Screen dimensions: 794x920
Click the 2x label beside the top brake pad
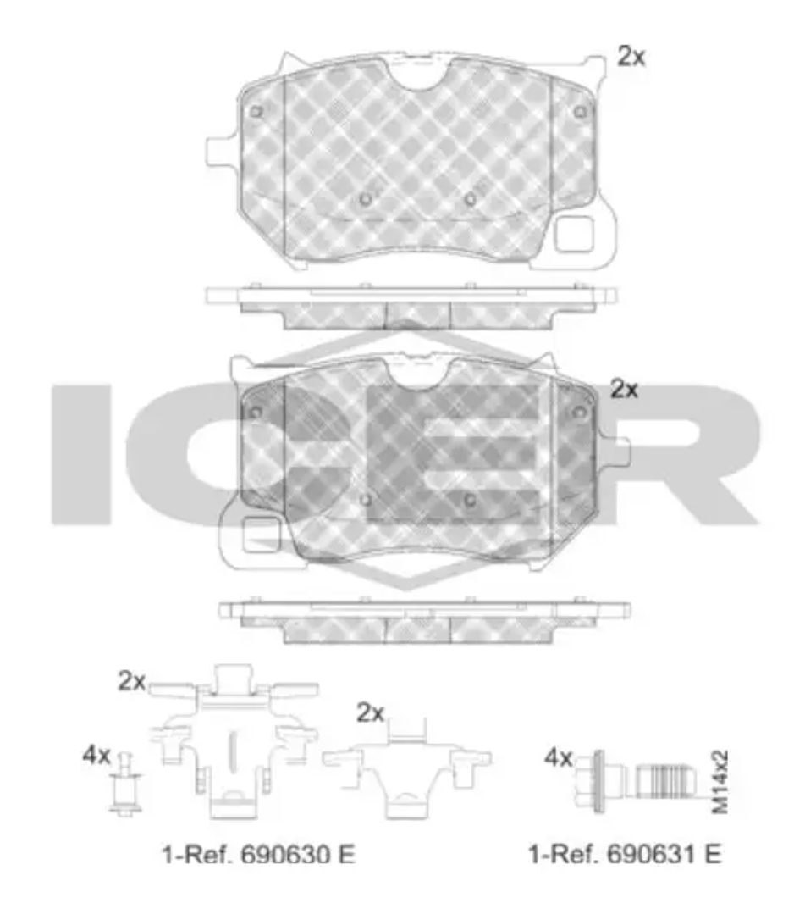[631, 56]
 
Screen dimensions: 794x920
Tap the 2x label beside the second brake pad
[624, 389]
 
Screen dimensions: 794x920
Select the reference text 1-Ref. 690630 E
[259, 854]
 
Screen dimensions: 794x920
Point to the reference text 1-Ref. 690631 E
[625, 853]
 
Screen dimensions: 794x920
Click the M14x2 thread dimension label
[720, 782]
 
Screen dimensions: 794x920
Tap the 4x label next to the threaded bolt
[559, 758]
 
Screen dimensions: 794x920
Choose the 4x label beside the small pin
[96, 755]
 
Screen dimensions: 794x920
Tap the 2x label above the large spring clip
[131, 680]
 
